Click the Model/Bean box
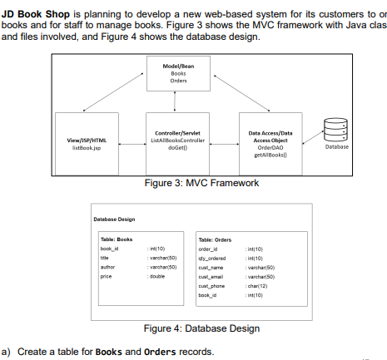[x=177, y=72]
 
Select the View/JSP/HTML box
[x=86, y=144]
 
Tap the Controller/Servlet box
[x=176, y=142]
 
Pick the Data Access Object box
[x=270, y=143]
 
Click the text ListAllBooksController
[x=176, y=141]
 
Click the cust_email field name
[x=211, y=276]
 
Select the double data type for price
[x=155, y=276]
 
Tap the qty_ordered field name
[x=213, y=258]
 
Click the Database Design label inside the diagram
[x=114, y=219]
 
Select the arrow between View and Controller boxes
[x=131, y=144]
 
